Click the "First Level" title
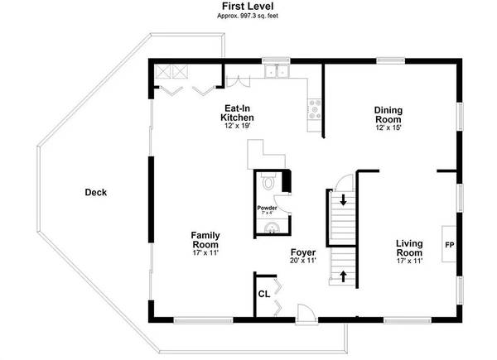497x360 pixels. (x=248, y=6)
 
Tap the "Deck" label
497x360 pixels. (x=96, y=192)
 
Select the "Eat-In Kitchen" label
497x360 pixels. (x=237, y=113)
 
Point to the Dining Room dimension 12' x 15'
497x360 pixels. (x=388, y=127)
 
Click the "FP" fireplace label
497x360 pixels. (x=450, y=245)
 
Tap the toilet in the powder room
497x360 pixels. (x=268, y=181)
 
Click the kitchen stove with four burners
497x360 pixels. (x=315, y=109)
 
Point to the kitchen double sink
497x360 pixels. (x=277, y=71)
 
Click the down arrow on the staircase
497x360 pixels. (x=343, y=200)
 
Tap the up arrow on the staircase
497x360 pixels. (x=343, y=276)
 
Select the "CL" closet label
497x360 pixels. (x=264, y=294)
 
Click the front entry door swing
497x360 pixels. (x=306, y=314)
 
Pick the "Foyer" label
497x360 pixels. (x=303, y=252)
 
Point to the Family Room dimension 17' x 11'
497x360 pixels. (x=205, y=253)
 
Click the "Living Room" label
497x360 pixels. (x=409, y=248)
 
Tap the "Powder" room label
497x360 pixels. (x=267, y=208)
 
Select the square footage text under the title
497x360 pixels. (x=248, y=16)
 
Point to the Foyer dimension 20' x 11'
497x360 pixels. (x=303, y=261)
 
